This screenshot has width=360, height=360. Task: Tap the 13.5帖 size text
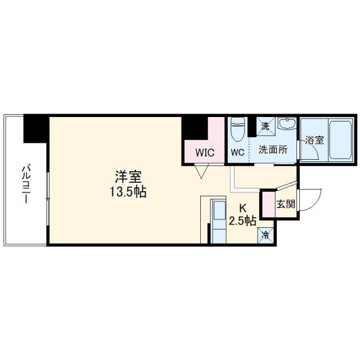[x=128, y=192]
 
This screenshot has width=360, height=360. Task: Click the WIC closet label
[x=204, y=152]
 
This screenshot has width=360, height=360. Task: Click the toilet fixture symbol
[x=237, y=129]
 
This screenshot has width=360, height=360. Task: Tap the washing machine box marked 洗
[x=267, y=126]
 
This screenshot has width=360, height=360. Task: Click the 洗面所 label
[x=273, y=151]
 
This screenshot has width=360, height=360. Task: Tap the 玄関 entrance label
[x=286, y=204]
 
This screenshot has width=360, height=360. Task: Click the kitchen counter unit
[x=218, y=219]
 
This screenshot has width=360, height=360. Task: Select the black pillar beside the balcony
[x=35, y=129]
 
